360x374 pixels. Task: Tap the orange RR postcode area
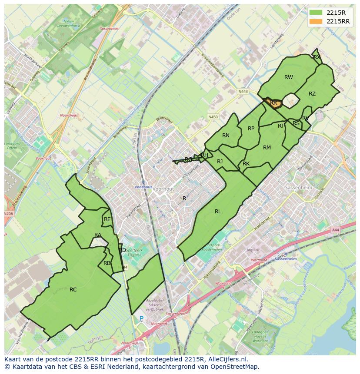(273, 103)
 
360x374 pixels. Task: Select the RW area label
(288, 77)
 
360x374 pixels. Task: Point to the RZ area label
(312, 94)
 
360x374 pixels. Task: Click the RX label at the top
(317, 57)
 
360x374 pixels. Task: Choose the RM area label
(267, 148)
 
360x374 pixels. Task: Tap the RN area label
(226, 136)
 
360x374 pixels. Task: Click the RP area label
(251, 128)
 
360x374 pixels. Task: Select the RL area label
(218, 212)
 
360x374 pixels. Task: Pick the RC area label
(73, 289)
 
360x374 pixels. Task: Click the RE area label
(107, 219)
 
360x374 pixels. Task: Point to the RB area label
(107, 263)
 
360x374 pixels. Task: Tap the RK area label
(246, 164)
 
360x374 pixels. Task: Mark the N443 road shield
(243, 92)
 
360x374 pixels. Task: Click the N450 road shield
(213, 117)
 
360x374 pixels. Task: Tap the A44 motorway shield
(335, 230)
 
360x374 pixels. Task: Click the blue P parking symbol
(141, 318)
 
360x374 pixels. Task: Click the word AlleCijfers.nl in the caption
(228, 359)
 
